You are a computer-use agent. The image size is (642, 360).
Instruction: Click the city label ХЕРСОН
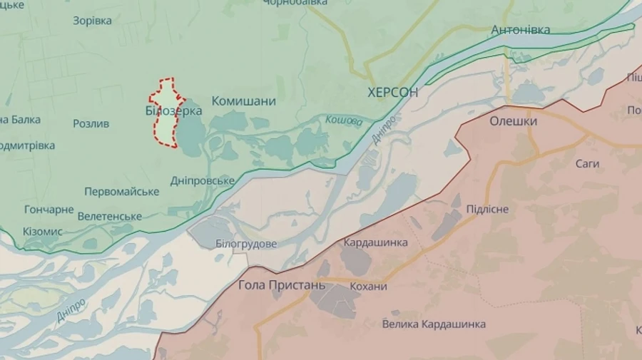click(392, 93)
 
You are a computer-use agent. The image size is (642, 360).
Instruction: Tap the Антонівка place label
click(520, 30)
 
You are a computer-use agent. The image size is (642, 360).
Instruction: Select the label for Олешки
click(513, 121)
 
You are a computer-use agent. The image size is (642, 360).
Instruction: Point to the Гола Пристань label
click(282, 285)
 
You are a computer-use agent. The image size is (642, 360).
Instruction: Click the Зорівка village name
click(92, 21)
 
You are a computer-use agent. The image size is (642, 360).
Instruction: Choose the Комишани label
click(243, 101)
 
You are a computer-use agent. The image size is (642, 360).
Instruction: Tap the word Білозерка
click(173, 111)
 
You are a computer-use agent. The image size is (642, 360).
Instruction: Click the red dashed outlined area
click(165, 128)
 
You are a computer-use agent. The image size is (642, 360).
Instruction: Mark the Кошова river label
click(344, 122)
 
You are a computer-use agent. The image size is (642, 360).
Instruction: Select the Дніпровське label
click(203, 180)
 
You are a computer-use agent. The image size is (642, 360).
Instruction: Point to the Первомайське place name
click(121, 192)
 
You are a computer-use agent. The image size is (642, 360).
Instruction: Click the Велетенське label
click(110, 216)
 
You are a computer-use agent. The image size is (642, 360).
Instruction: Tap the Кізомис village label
click(42, 232)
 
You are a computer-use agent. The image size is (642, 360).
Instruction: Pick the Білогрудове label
click(246, 244)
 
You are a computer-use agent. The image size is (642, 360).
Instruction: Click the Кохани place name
click(369, 287)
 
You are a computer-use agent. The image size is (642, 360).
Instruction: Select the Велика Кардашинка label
click(434, 324)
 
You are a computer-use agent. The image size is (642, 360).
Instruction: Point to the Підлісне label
click(487, 209)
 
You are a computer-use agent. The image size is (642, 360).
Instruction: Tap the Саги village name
click(587, 164)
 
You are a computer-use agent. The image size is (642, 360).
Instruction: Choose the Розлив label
click(91, 123)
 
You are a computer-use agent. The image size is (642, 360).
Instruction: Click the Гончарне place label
click(49, 210)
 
